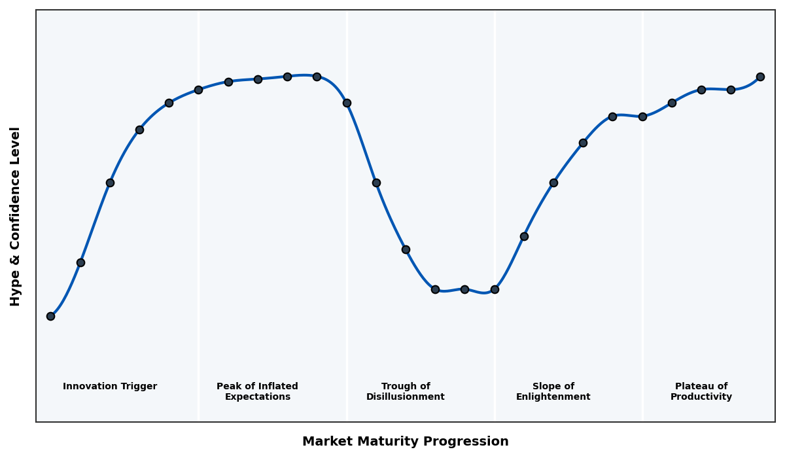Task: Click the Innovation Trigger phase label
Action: [x=110, y=387]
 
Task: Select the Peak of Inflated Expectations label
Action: [x=257, y=391]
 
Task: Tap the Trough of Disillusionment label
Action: [x=405, y=391]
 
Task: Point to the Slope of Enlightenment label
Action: [x=553, y=391]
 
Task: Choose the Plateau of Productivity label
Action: [x=701, y=391]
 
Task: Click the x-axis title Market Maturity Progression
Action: [x=405, y=442]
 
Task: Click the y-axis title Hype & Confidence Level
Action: [x=16, y=216]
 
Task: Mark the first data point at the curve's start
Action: [x=50, y=316]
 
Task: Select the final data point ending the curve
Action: [x=760, y=77]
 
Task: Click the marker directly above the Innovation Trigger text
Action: [x=110, y=183]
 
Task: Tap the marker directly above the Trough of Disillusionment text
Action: [x=406, y=249]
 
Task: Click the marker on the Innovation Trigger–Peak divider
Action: [x=198, y=90]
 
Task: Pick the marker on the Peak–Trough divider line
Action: [x=347, y=103]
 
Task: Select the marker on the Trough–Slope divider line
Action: [x=495, y=289]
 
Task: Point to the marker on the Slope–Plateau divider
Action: [x=642, y=116]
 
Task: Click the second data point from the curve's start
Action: [x=80, y=262]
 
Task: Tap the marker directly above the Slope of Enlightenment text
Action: [x=553, y=183]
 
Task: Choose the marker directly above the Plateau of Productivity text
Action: [x=701, y=90]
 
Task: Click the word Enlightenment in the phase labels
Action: [x=553, y=397]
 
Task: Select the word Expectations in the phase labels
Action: [x=257, y=397]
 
